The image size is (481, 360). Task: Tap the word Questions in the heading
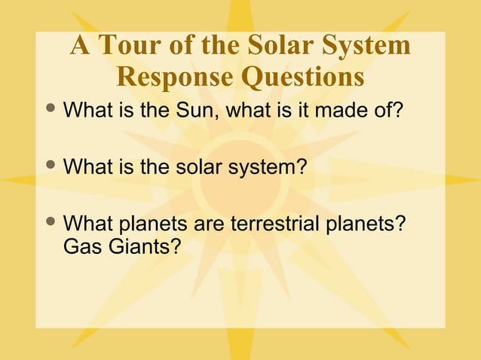point(302,77)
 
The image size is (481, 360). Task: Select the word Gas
point(80,246)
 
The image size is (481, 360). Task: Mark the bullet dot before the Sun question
point(51,110)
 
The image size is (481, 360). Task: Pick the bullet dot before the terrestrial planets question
point(51,223)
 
